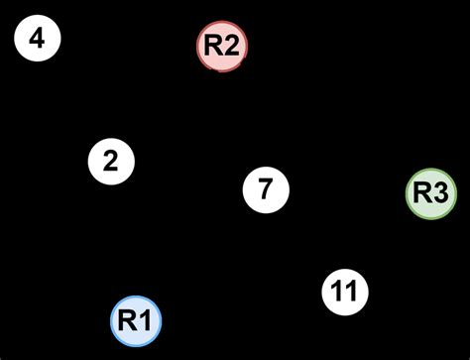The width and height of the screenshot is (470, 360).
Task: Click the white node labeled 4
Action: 38,40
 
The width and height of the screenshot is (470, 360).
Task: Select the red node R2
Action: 221,45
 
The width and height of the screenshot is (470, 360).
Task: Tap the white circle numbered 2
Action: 110,162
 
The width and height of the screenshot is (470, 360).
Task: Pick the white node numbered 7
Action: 265,188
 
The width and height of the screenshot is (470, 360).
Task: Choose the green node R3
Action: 431,193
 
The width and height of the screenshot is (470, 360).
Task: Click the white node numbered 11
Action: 344,292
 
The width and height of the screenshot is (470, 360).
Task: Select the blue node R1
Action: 135,320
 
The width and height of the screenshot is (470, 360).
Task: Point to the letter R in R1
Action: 128,320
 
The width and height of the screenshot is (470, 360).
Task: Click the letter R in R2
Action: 213,45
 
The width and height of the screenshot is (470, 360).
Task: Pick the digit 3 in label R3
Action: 440,193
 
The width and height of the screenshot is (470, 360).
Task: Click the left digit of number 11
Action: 338,292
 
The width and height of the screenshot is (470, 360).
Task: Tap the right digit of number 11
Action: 350,292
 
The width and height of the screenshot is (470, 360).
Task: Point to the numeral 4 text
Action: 38,40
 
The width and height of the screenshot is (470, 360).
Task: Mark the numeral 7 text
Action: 265,188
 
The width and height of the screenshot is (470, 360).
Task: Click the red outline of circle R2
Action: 221,22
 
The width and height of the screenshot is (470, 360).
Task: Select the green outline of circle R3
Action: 431,170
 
